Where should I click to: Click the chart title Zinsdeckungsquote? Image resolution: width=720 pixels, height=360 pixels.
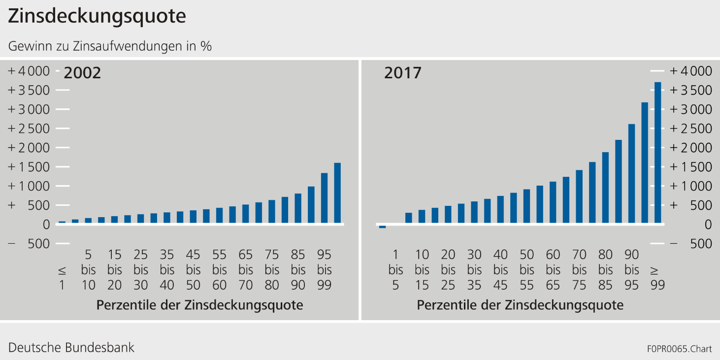click(x=97, y=17)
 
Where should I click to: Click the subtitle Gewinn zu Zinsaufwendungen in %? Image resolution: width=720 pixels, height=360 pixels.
click(x=110, y=46)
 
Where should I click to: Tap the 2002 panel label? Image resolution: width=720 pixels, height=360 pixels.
click(x=82, y=73)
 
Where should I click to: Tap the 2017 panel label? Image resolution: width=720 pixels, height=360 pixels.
click(x=403, y=73)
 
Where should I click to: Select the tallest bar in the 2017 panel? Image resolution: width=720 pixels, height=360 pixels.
click(x=657, y=153)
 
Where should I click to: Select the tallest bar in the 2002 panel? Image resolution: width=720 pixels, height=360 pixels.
click(x=337, y=193)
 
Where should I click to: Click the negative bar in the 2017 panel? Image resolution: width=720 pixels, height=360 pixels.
click(x=382, y=227)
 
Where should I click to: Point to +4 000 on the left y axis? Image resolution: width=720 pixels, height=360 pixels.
click(x=29, y=71)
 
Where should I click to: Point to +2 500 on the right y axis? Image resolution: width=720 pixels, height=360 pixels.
click(x=690, y=129)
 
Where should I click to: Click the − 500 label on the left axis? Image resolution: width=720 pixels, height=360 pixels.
click(x=29, y=244)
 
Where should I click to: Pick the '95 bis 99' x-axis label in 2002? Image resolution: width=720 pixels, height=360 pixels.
click(x=324, y=270)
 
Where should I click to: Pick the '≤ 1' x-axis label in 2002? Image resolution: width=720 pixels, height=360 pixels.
click(x=62, y=277)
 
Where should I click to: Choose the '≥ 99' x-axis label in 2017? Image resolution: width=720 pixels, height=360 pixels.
click(x=657, y=277)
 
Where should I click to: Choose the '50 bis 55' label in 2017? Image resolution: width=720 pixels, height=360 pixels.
click(x=526, y=270)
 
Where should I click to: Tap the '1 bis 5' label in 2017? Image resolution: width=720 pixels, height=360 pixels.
click(x=395, y=270)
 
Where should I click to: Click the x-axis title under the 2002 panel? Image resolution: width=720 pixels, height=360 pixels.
click(x=199, y=305)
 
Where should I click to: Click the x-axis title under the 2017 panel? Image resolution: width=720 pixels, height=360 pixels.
click(x=520, y=305)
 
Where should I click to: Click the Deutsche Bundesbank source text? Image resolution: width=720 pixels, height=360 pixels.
click(x=71, y=348)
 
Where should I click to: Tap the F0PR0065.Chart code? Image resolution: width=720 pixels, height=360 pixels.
click(x=680, y=349)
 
